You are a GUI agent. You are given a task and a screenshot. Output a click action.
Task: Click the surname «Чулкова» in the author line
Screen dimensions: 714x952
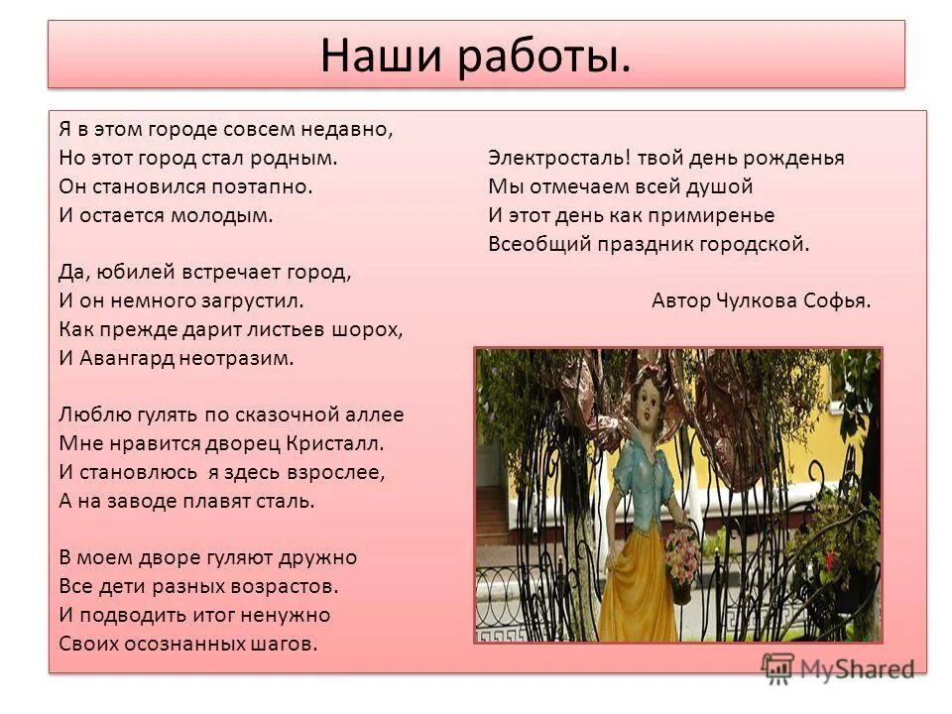coord(752,301)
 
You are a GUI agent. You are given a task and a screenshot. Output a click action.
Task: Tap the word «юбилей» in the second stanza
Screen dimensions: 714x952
coord(130,271)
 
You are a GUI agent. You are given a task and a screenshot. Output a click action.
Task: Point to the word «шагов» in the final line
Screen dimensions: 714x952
coord(284,644)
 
